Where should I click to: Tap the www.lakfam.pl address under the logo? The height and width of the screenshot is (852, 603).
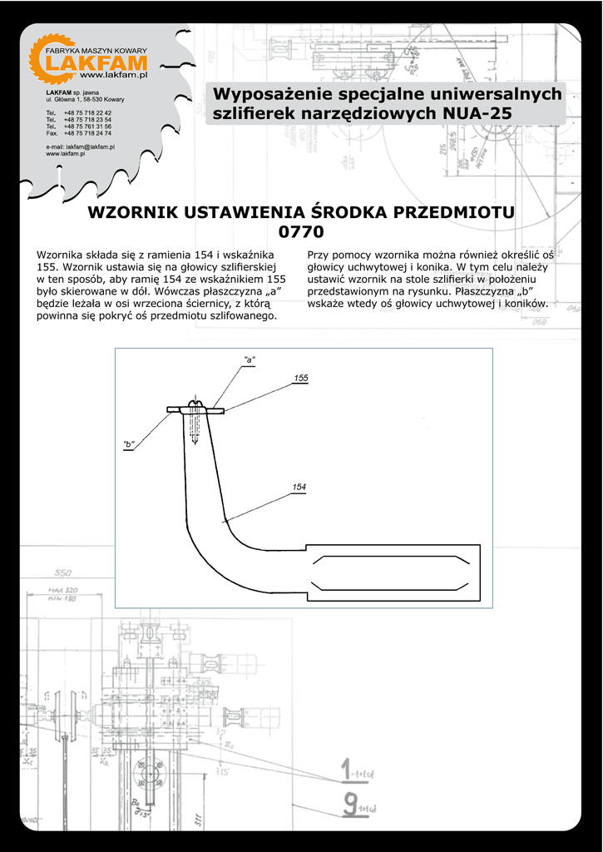(119, 76)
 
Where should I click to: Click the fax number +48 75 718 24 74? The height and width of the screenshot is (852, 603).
(87, 133)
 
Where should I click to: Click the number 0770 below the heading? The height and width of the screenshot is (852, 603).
(301, 231)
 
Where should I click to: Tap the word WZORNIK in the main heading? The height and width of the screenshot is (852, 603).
(129, 212)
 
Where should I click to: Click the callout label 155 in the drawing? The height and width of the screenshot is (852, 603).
(301, 379)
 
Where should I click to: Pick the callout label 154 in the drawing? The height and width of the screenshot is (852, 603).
(299, 487)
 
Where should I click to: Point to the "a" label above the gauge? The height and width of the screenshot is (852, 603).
(249, 359)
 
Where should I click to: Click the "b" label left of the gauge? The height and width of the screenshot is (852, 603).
(129, 444)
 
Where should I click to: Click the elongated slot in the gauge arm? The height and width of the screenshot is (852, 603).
(391, 572)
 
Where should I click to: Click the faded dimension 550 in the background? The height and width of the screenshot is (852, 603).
(63, 573)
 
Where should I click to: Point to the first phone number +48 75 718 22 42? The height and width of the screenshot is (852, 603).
(87, 112)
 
